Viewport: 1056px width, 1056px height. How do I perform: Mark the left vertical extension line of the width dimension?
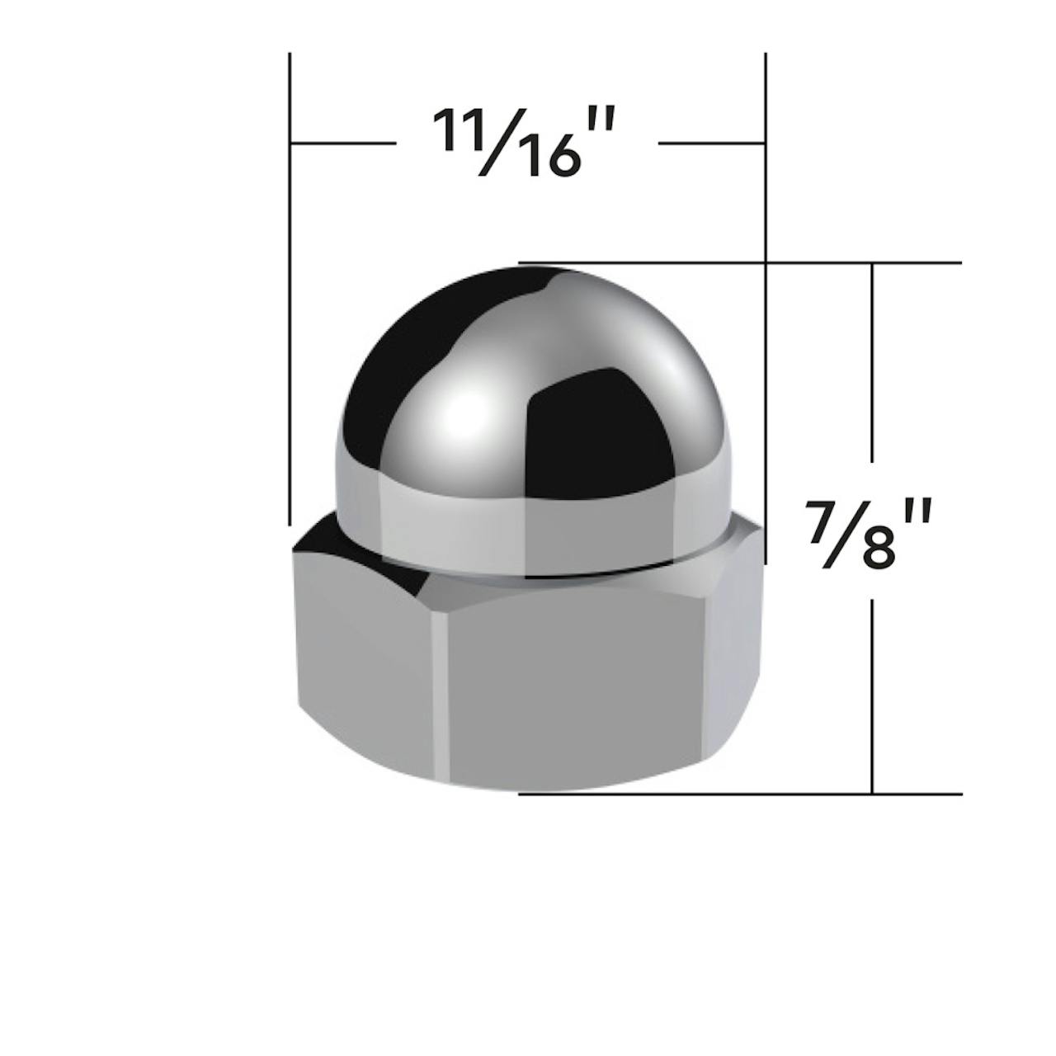point(290,289)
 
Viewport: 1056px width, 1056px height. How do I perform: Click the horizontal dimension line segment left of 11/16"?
point(343,144)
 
